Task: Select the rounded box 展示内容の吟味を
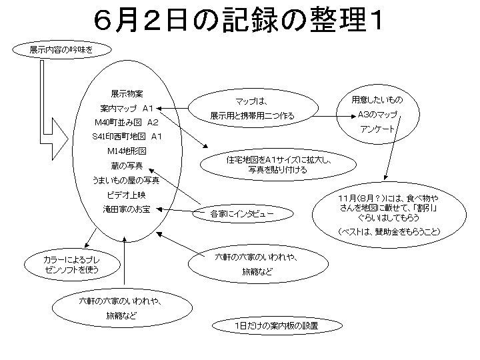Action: coord(61,50)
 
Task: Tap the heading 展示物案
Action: coord(127,94)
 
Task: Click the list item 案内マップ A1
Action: coord(127,108)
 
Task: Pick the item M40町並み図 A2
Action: coord(127,123)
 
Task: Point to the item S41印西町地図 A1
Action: coord(127,137)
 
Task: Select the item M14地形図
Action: coord(127,151)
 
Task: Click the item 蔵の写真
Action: coord(127,165)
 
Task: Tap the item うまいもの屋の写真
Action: coord(127,180)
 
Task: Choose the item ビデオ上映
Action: coord(127,195)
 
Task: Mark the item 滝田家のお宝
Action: coord(127,209)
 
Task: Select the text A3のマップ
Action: coord(377,114)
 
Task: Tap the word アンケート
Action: coord(377,128)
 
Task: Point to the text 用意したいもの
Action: coord(377,100)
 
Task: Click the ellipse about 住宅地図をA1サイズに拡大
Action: coord(275,165)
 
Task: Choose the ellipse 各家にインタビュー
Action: coord(233,214)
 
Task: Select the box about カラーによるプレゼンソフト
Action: coord(61,264)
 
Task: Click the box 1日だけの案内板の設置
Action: coord(276,326)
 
